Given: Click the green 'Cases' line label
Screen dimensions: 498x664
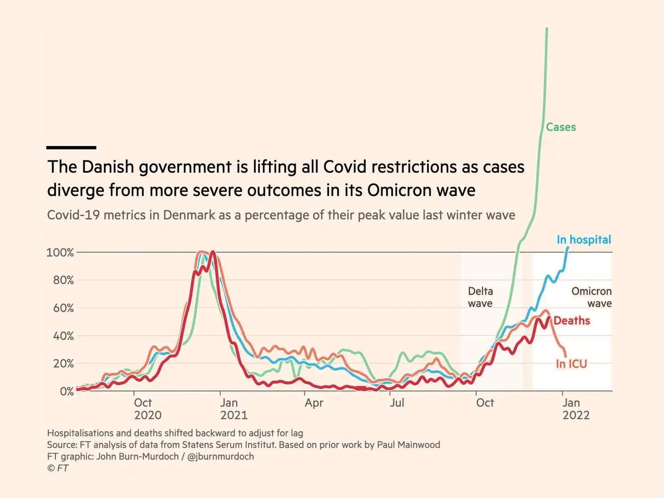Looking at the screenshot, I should click(561, 127).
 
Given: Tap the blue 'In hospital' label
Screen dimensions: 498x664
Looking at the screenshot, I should click(584, 240).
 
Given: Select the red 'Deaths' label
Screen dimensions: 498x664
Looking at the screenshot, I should click(572, 320).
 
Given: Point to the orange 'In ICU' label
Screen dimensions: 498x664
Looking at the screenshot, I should click(571, 364).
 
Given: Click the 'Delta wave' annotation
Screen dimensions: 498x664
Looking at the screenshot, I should click(480, 297).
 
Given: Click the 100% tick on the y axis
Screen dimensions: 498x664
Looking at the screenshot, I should click(60, 252).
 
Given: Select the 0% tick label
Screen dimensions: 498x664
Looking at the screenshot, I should click(65, 391).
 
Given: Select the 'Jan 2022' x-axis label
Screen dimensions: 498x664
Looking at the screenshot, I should click(575, 408).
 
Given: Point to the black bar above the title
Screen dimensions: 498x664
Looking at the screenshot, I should click(71, 147).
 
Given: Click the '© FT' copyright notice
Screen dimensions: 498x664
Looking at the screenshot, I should click(58, 468).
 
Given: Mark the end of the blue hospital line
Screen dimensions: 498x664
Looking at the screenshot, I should click(567, 248).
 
